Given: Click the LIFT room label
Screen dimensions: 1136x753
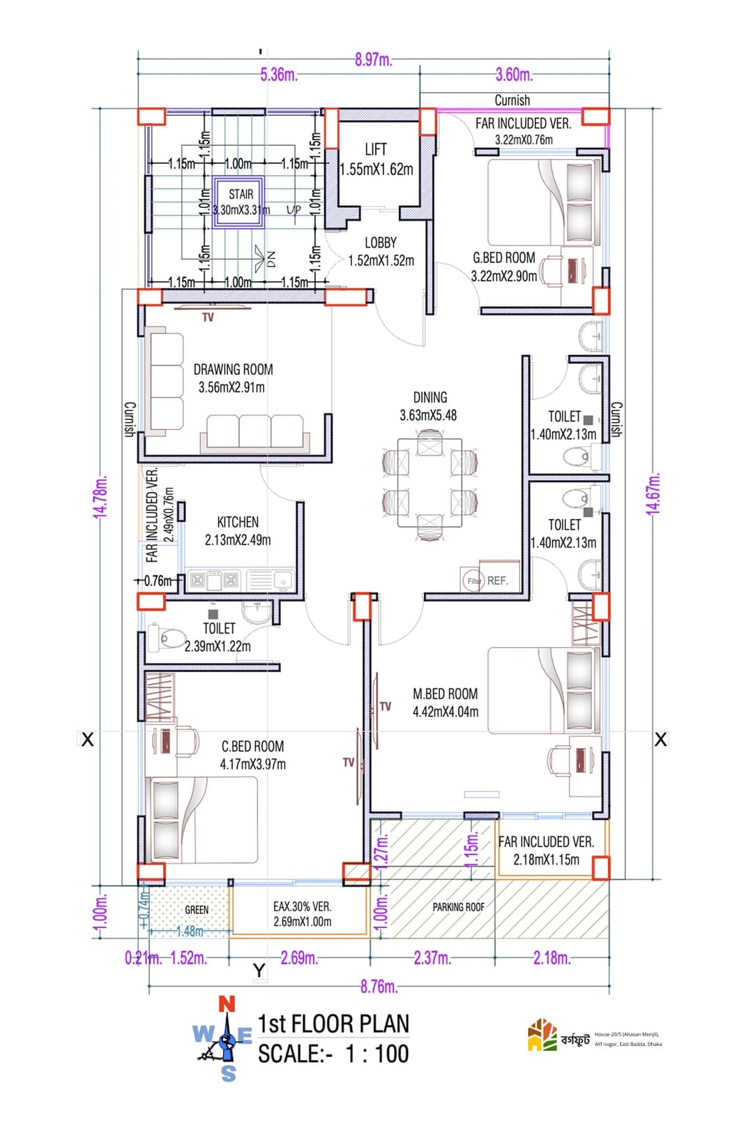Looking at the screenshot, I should pyautogui.click(x=375, y=149).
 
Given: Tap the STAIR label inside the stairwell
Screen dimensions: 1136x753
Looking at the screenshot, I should pyautogui.click(x=241, y=195).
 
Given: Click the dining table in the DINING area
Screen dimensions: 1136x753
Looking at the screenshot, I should pyautogui.click(x=429, y=482).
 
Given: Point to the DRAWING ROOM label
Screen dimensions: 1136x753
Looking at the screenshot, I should pyautogui.click(x=233, y=370).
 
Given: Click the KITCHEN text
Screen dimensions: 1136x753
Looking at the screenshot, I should pyautogui.click(x=238, y=522).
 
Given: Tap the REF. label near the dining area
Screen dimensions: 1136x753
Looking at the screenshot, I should pyautogui.click(x=498, y=581).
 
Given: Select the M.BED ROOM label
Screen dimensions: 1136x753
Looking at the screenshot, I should pyautogui.click(x=445, y=694).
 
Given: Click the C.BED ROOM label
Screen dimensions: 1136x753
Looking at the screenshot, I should pyautogui.click(x=252, y=747).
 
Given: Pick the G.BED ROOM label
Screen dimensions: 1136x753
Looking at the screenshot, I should pyautogui.click(x=503, y=258).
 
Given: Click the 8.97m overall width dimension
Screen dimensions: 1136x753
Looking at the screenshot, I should pyautogui.click(x=373, y=60).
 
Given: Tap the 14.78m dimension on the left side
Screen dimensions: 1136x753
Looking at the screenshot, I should pyautogui.click(x=100, y=495).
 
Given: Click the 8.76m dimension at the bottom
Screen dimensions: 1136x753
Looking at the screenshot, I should pyautogui.click(x=379, y=987).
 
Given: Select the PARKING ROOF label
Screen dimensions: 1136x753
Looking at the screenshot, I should pyautogui.click(x=458, y=907).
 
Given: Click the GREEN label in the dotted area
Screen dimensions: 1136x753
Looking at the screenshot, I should pyautogui.click(x=197, y=910).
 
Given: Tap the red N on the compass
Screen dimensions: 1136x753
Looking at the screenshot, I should pyautogui.click(x=227, y=1005).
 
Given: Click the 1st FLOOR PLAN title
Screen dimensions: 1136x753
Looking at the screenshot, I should pyautogui.click(x=333, y=1024).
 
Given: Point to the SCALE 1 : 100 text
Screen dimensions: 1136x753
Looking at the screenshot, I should pyautogui.click(x=333, y=1054).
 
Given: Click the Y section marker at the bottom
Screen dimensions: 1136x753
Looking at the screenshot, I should pyautogui.click(x=259, y=970).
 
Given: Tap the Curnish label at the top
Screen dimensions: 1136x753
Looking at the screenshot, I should pyautogui.click(x=512, y=100).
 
